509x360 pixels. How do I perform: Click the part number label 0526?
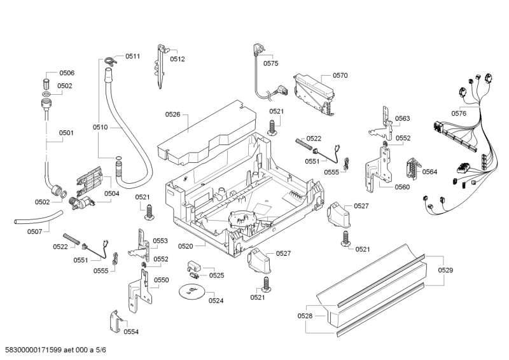pyautogui.click(x=173, y=114)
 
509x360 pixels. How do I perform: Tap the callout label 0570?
pyautogui.click(x=340, y=76)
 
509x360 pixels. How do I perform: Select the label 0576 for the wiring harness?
pyautogui.click(x=459, y=113)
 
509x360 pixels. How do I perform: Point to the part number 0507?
pyautogui.click(x=34, y=232)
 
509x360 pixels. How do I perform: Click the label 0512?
pyautogui.click(x=178, y=59)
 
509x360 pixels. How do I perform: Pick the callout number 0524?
pyautogui.click(x=216, y=300)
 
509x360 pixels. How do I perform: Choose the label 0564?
pyautogui.click(x=429, y=172)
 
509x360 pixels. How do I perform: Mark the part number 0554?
pyautogui.click(x=131, y=331)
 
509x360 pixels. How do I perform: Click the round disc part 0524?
pyautogui.click(x=190, y=292)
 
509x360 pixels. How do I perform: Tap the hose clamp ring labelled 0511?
pyautogui.click(x=110, y=61)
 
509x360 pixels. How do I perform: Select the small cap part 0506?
pyautogui.click(x=46, y=84)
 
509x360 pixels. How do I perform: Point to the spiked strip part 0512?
pyautogui.click(x=160, y=67)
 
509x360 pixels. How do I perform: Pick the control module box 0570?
pyautogui.click(x=314, y=92)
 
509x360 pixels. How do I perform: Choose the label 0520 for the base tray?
pyautogui.click(x=186, y=246)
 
